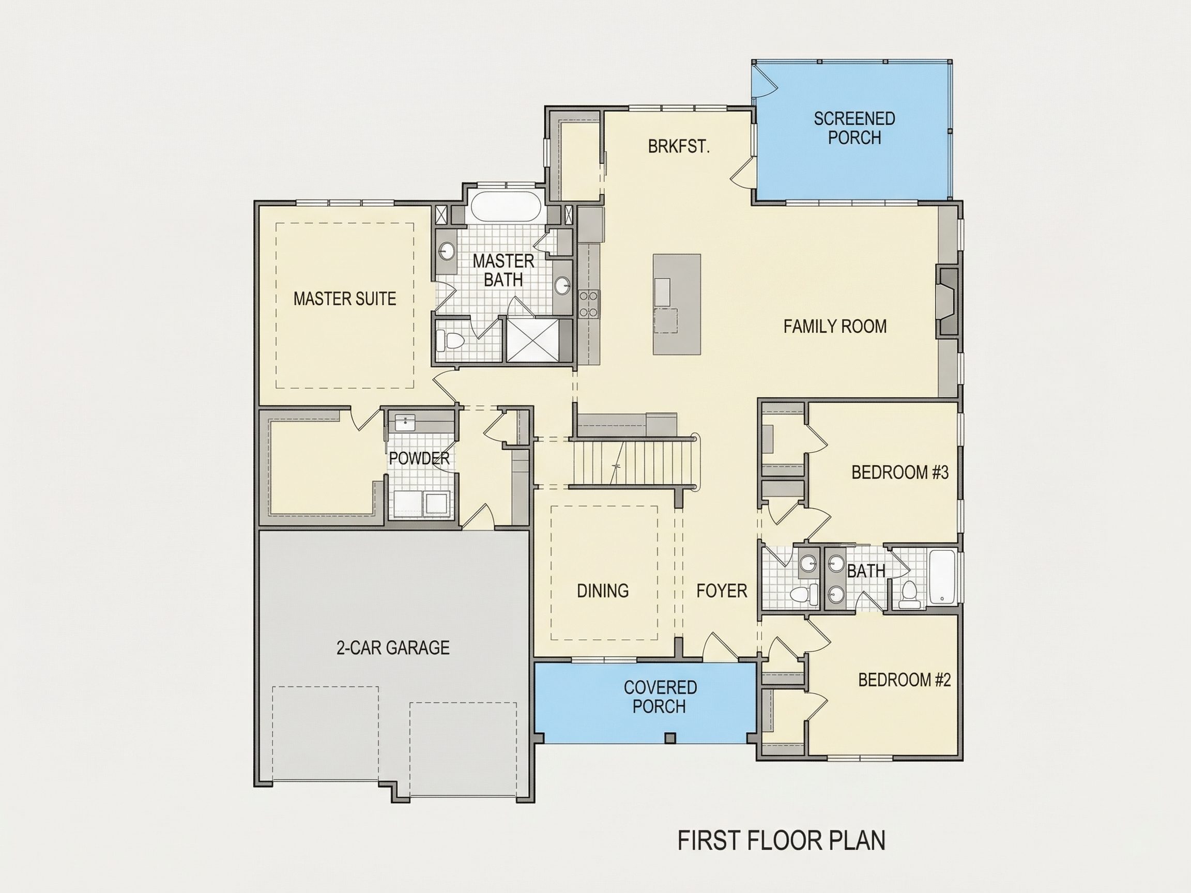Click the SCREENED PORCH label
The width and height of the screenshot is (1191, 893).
pyautogui.click(x=854, y=128)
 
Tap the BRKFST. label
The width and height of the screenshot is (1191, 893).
pyautogui.click(x=678, y=146)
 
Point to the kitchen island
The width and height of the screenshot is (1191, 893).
pyautogui.click(x=677, y=304)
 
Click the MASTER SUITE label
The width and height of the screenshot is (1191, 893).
pyautogui.click(x=345, y=299)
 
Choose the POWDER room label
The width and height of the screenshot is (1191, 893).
pyautogui.click(x=419, y=458)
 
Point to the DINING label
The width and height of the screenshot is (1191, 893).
pyautogui.click(x=603, y=591)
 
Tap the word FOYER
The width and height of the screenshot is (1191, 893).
pyautogui.click(x=722, y=591)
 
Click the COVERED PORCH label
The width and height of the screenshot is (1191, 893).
pyautogui.click(x=660, y=697)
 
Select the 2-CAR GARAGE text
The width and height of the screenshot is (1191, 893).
pyautogui.click(x=393, y=647)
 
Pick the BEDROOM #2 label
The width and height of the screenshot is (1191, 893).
pyautogui.click(x=905, y=680)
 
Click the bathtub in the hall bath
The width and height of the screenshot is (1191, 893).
pyautogui.click(x=942, y=577)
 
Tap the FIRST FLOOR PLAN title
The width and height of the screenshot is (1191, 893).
pyautogui.click(x=781, y=841)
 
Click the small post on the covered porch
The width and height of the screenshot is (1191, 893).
pyautogui.click(x=670, y=738)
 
